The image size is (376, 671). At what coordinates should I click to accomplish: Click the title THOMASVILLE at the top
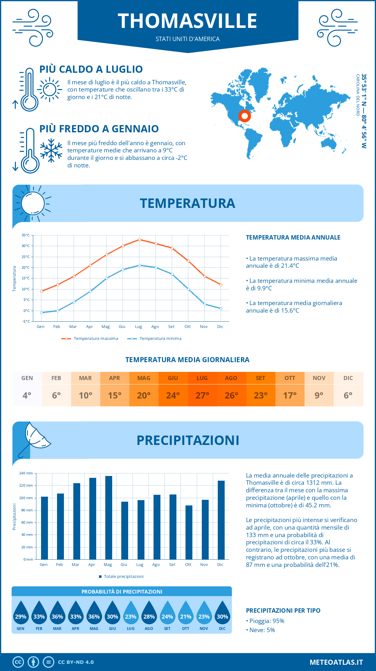[187, 21]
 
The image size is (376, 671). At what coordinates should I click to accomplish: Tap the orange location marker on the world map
[244, 116]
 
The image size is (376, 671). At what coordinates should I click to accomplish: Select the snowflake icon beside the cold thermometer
[51, 151]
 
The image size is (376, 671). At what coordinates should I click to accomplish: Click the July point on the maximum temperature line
[139, 240]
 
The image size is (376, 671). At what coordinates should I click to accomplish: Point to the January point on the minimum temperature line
[41, 313]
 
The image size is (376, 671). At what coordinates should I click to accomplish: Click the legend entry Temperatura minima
[160, 339]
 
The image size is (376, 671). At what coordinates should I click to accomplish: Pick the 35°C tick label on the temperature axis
[26, 235]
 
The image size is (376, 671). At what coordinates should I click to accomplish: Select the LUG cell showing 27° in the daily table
[202, 389]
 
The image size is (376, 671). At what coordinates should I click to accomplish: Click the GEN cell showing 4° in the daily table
[27, 389]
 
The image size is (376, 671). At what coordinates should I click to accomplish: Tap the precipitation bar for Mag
[109, 517]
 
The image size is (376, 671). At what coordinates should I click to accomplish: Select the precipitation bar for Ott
[189, 532]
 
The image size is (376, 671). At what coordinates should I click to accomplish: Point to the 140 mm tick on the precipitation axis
[26, 473]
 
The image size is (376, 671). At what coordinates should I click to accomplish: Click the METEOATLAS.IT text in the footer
[336, 662]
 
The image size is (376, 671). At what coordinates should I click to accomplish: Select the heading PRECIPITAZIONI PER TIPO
[283, 610]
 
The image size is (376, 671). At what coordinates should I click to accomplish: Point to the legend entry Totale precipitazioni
[123, 577]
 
